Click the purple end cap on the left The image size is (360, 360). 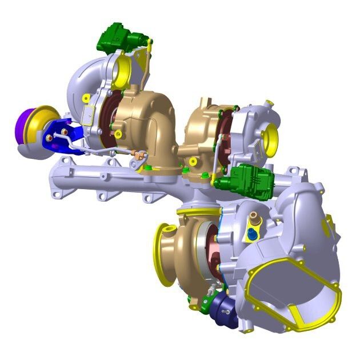click(x=25, y=122)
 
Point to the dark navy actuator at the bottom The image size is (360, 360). click(x=219, y=309)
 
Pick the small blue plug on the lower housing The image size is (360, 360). click(x=252, y=234)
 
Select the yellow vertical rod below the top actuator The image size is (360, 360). click(x=148, y=63)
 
